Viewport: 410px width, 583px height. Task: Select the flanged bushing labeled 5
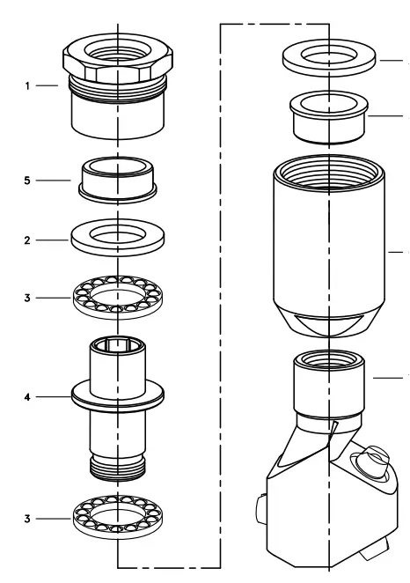[116, 179]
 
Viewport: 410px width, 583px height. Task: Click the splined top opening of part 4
[116, 346]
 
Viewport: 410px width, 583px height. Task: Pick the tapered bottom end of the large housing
[328, 324]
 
